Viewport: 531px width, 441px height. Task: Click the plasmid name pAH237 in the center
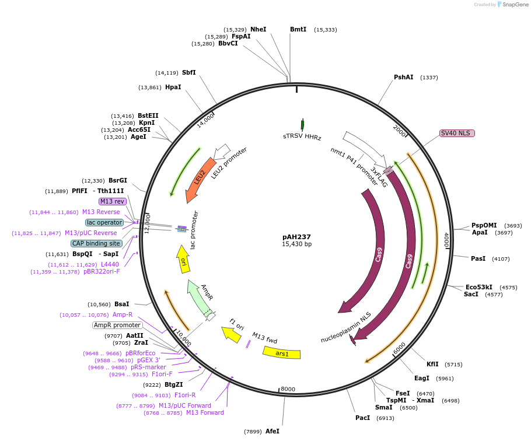(296, 237)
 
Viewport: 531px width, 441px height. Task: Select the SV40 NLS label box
(457, 133)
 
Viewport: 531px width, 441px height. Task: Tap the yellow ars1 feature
(282, 353)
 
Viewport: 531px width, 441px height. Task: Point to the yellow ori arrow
(183, 259)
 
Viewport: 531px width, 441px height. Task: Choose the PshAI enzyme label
(403, 78)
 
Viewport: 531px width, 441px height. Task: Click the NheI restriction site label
(258, 29)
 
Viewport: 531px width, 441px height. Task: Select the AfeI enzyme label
(273, 431)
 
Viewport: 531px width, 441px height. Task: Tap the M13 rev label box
(113, 201)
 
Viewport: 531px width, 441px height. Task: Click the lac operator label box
(104, 222)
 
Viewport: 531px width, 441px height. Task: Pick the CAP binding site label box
(96, 243)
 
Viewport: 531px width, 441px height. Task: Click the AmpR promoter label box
(117, 325)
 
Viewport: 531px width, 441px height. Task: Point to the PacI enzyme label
(363, 418)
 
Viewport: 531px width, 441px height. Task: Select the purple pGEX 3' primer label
(148, 360)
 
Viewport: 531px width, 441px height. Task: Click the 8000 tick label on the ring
(288, 389)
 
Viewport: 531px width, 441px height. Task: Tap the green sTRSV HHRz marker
(302, 124)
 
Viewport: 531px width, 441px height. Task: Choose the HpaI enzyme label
(173, 87)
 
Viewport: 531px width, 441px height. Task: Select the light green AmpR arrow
(198, 297)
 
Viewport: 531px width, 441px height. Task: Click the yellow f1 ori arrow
(232, 334)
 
